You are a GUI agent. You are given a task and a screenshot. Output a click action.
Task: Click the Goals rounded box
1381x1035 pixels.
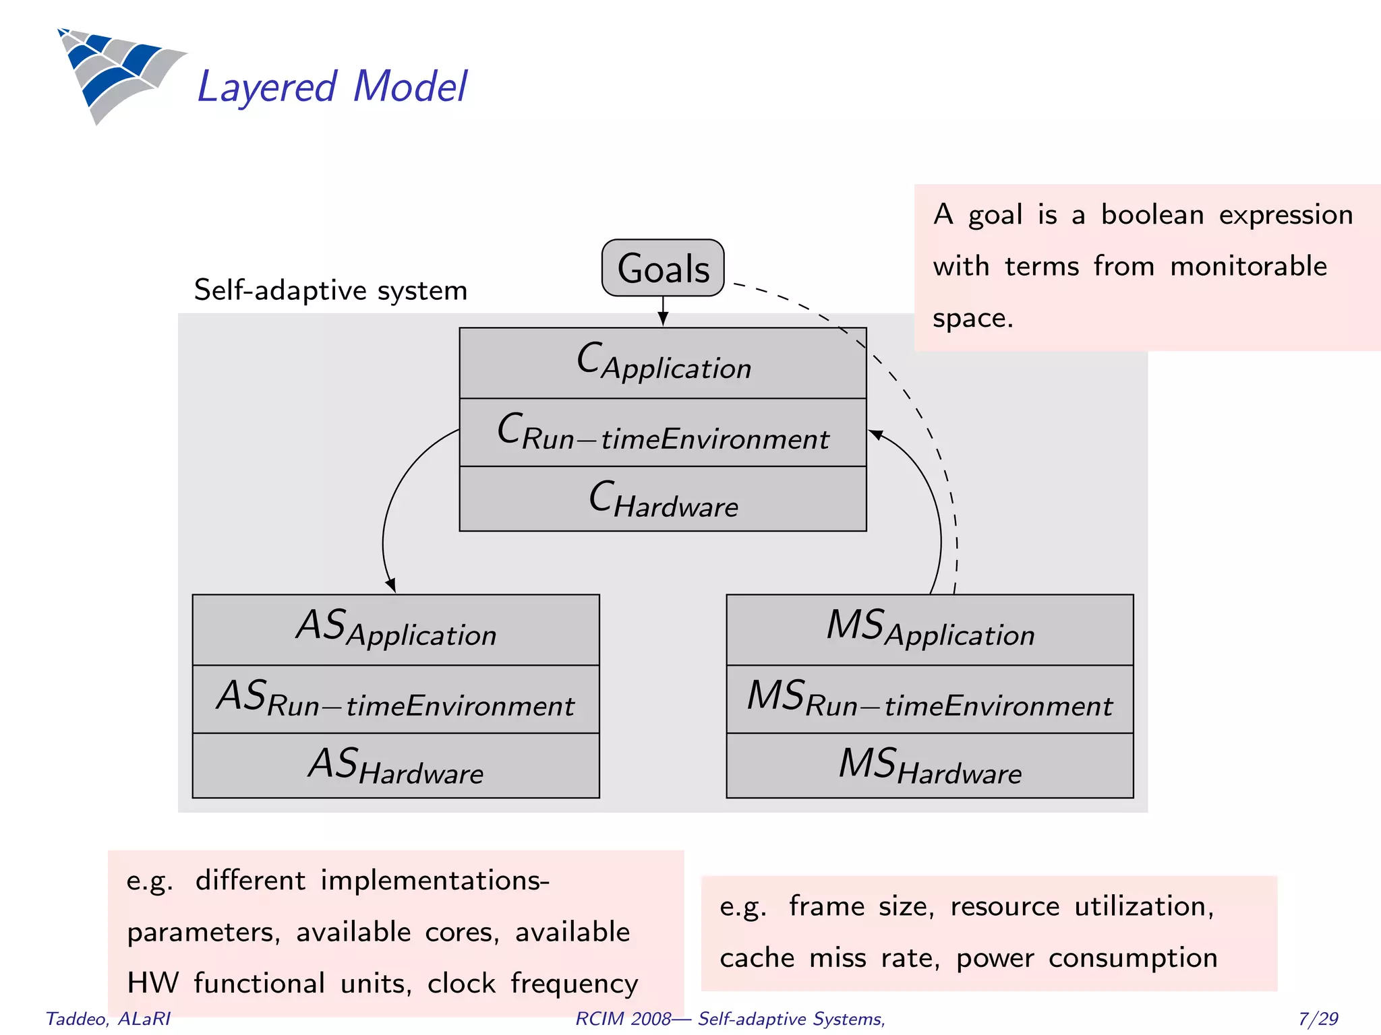click(663, 268)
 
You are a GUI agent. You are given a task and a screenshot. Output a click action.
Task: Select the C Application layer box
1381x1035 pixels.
click(663, 363)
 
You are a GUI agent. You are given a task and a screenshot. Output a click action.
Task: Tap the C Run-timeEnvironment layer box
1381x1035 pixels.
click(663, 433)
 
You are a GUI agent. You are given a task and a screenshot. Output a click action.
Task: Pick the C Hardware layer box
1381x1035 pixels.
click(663, 499)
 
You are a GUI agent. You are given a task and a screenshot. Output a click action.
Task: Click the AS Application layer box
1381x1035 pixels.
click(396, 629)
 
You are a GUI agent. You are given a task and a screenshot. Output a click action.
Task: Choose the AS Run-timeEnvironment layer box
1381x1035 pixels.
click(396, 699)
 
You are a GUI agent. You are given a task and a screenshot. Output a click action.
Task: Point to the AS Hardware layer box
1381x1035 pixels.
click(396, 766)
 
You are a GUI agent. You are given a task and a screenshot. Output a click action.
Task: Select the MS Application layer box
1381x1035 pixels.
click(930, 629)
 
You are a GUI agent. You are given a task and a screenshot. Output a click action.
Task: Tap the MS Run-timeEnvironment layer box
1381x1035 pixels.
click(930, 699)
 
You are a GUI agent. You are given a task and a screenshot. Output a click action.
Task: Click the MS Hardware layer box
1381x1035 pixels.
click(930, 766)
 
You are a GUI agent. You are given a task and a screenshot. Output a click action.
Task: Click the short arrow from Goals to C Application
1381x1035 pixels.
click(663, 311)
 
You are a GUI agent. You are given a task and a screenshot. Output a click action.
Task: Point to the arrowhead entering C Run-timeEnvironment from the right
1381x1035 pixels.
click(875, 435)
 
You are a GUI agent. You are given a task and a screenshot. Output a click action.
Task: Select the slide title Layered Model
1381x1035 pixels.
click(332, 87)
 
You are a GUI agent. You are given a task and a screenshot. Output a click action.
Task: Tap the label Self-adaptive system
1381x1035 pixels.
click(330, 290)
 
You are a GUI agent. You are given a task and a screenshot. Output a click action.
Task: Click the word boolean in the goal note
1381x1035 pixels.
click(1152, 215)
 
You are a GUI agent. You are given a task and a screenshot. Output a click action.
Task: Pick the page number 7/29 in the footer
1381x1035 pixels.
click(1318, 1018)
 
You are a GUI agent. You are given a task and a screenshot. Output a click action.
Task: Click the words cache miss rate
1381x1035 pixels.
click(829, 958)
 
